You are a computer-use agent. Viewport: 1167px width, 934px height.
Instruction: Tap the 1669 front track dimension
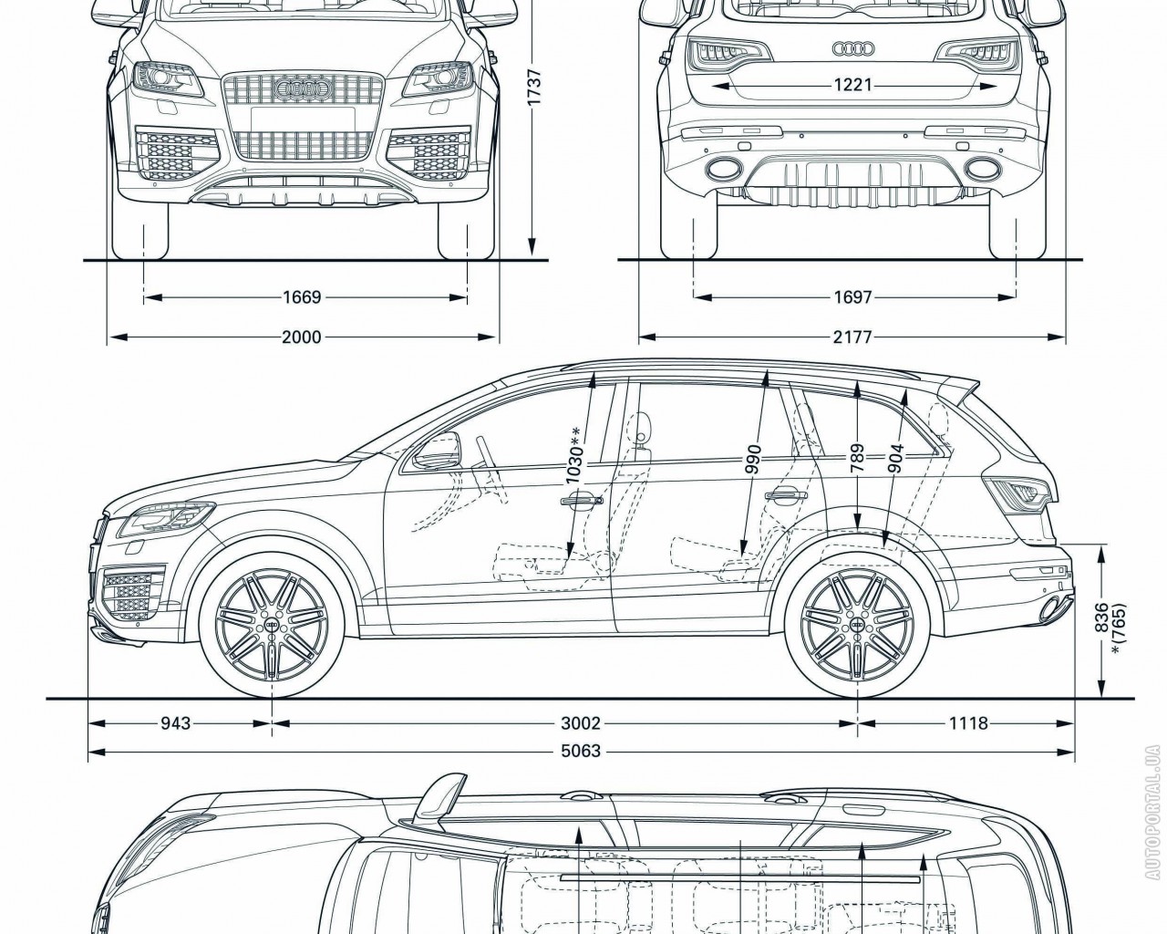point(302,297)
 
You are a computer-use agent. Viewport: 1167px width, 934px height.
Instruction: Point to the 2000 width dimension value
point(301,337)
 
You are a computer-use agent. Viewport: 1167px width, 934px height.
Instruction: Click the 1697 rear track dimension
point(852,297)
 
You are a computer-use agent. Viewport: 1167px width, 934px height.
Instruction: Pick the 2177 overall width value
point(852,337)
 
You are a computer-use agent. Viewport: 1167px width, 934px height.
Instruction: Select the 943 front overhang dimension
point(176,723)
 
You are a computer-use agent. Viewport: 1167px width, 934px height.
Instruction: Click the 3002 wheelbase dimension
point(581,723)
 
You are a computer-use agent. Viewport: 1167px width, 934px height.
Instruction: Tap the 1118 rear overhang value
point(968,723)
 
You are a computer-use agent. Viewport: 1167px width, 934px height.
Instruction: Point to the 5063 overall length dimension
point(581,752)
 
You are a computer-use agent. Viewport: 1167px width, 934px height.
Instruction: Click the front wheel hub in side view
point(273,627)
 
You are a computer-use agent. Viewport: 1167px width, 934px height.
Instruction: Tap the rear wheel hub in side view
point(857,627)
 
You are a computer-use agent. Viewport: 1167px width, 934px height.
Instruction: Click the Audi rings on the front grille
point(301,89)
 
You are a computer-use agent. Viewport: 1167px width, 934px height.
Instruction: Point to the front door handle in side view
point(582,499)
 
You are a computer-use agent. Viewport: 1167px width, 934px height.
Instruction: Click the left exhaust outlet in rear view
point(722,168)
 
